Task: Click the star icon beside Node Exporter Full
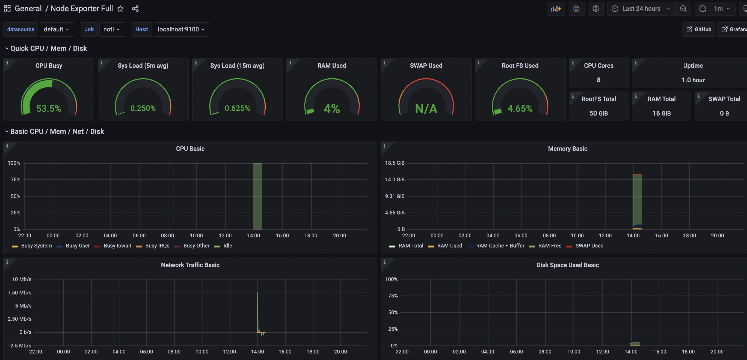(120, 9)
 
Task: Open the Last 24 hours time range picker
(641, 9)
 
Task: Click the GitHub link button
(699, 29)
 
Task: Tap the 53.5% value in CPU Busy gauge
(49, 108)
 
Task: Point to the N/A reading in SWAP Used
(426, 109)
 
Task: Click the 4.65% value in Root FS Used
(520, 108)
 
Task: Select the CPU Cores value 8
(598, 80)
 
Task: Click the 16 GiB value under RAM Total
(662, 113)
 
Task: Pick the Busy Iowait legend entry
(113, 246)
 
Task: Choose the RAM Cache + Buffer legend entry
(496, 246)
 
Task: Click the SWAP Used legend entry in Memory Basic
(585, 246)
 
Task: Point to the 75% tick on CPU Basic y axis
(15, 179)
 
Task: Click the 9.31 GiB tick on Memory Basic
(395, 196)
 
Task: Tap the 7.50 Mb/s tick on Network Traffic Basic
(19, 293)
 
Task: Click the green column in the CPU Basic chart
(257, 196)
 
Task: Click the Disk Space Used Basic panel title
(568, 265)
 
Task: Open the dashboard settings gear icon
(596, 9)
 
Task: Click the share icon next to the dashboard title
(135, 9)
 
